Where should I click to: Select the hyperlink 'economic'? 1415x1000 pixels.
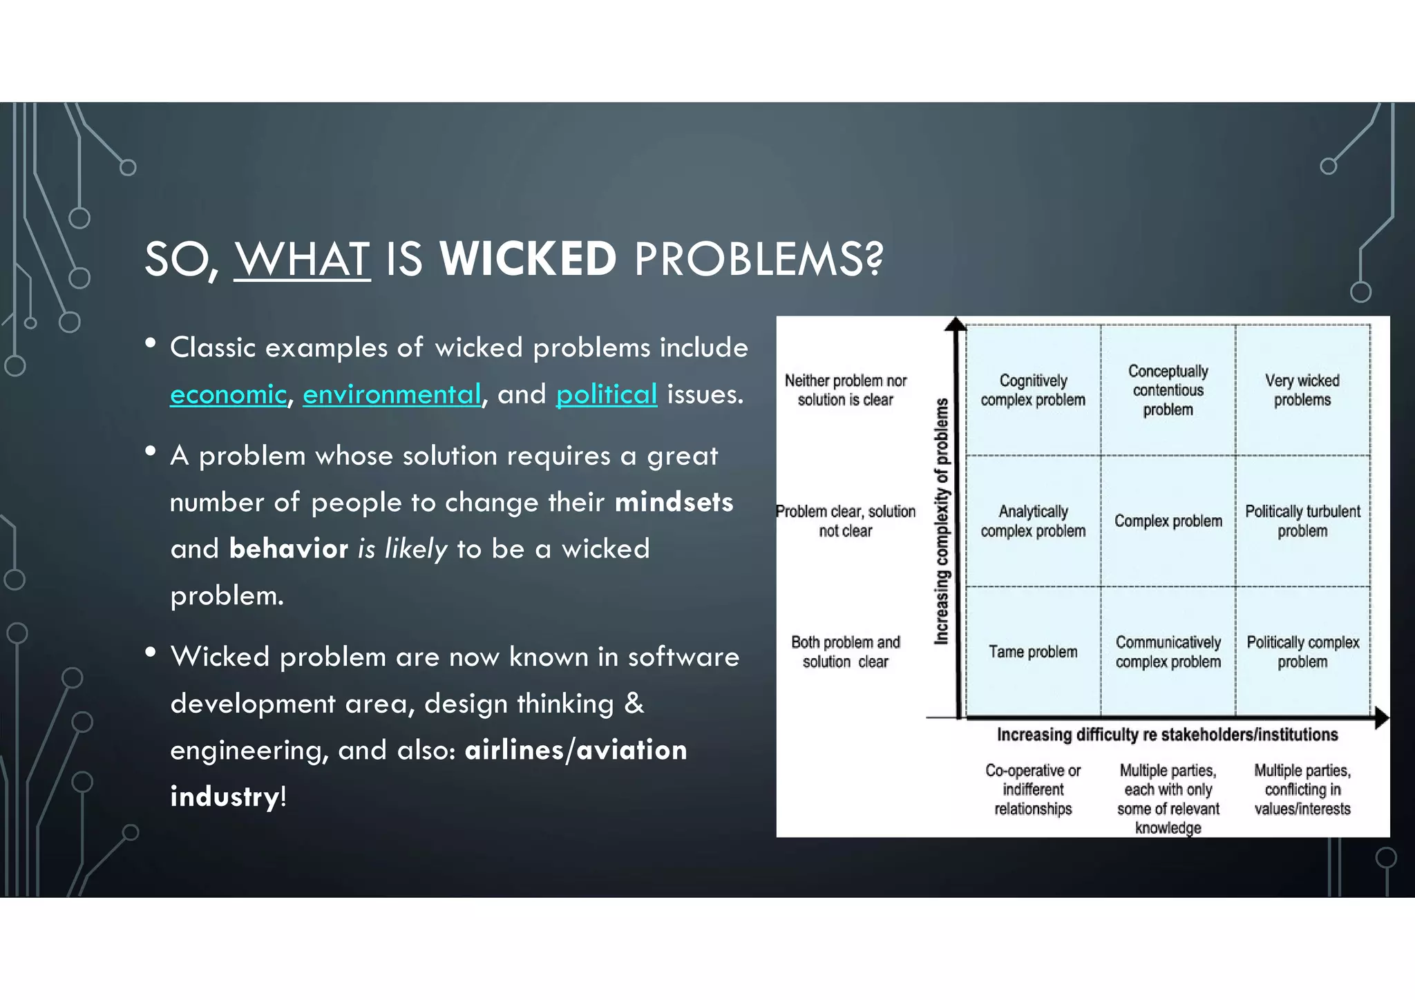point(228,394)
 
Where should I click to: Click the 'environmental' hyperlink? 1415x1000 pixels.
point(392,394)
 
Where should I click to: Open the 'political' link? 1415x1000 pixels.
point(607,394)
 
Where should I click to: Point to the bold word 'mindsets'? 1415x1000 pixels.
point(674,502)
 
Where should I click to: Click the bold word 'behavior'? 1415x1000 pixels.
point(289,549)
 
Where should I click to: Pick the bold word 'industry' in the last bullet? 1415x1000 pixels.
point(225,796)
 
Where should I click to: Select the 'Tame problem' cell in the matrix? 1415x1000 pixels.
point(1033,652)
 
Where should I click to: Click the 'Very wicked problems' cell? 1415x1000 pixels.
point(1302,390)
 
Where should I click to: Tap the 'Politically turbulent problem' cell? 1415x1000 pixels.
point(1302,521)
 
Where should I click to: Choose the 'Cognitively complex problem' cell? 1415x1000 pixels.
point(1033,390)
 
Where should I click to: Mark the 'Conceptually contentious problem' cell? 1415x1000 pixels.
point(1168,390)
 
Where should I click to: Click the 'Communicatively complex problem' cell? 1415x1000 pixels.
point(1168,652)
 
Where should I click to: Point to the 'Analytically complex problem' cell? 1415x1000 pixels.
point(1033,521)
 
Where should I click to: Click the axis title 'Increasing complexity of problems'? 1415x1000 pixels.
point(942,521)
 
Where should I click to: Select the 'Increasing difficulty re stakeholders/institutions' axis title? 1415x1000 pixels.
point(1167,735)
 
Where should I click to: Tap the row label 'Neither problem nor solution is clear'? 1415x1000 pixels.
point(845,390)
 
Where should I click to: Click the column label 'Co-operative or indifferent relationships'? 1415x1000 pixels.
point(1033,789)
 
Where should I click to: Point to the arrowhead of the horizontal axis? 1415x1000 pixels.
point(1381,718)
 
